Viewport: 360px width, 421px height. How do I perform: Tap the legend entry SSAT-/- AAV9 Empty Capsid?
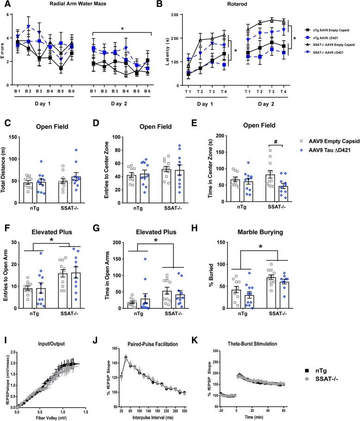pos(329,54)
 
